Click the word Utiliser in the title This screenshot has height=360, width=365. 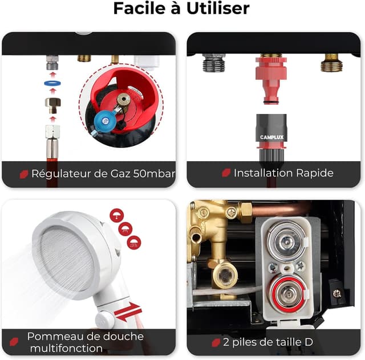pyautogui.click(x=218, y=9)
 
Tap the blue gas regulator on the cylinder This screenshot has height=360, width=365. pyautogui.click(x=104, y=120)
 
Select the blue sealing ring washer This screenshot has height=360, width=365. pyautogui.click(x=52, y=83)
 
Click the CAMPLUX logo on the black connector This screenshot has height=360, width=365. pyautogui.click(x=271, y=137)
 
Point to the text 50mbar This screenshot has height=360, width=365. pyautogui.click(x=154, y=174)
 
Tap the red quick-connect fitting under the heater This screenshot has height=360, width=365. pyautogui.click(x=271, y=80)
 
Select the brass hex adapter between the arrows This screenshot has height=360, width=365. pyautogui.click(x=53, y=105)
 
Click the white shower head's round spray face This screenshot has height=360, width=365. pyautogui.click(x=67, y=259)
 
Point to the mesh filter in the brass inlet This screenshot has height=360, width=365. pyautogui.click(x=225, y=276)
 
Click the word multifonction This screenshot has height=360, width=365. pyautogui.click(x=66, y=349)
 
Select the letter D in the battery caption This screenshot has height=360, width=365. pyautogui.click(x=309, y=342)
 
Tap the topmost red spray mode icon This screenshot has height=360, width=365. pyautogui.click(x=116, y=215)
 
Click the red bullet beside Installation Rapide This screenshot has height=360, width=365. pyautogui.click(x=226, y=173)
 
